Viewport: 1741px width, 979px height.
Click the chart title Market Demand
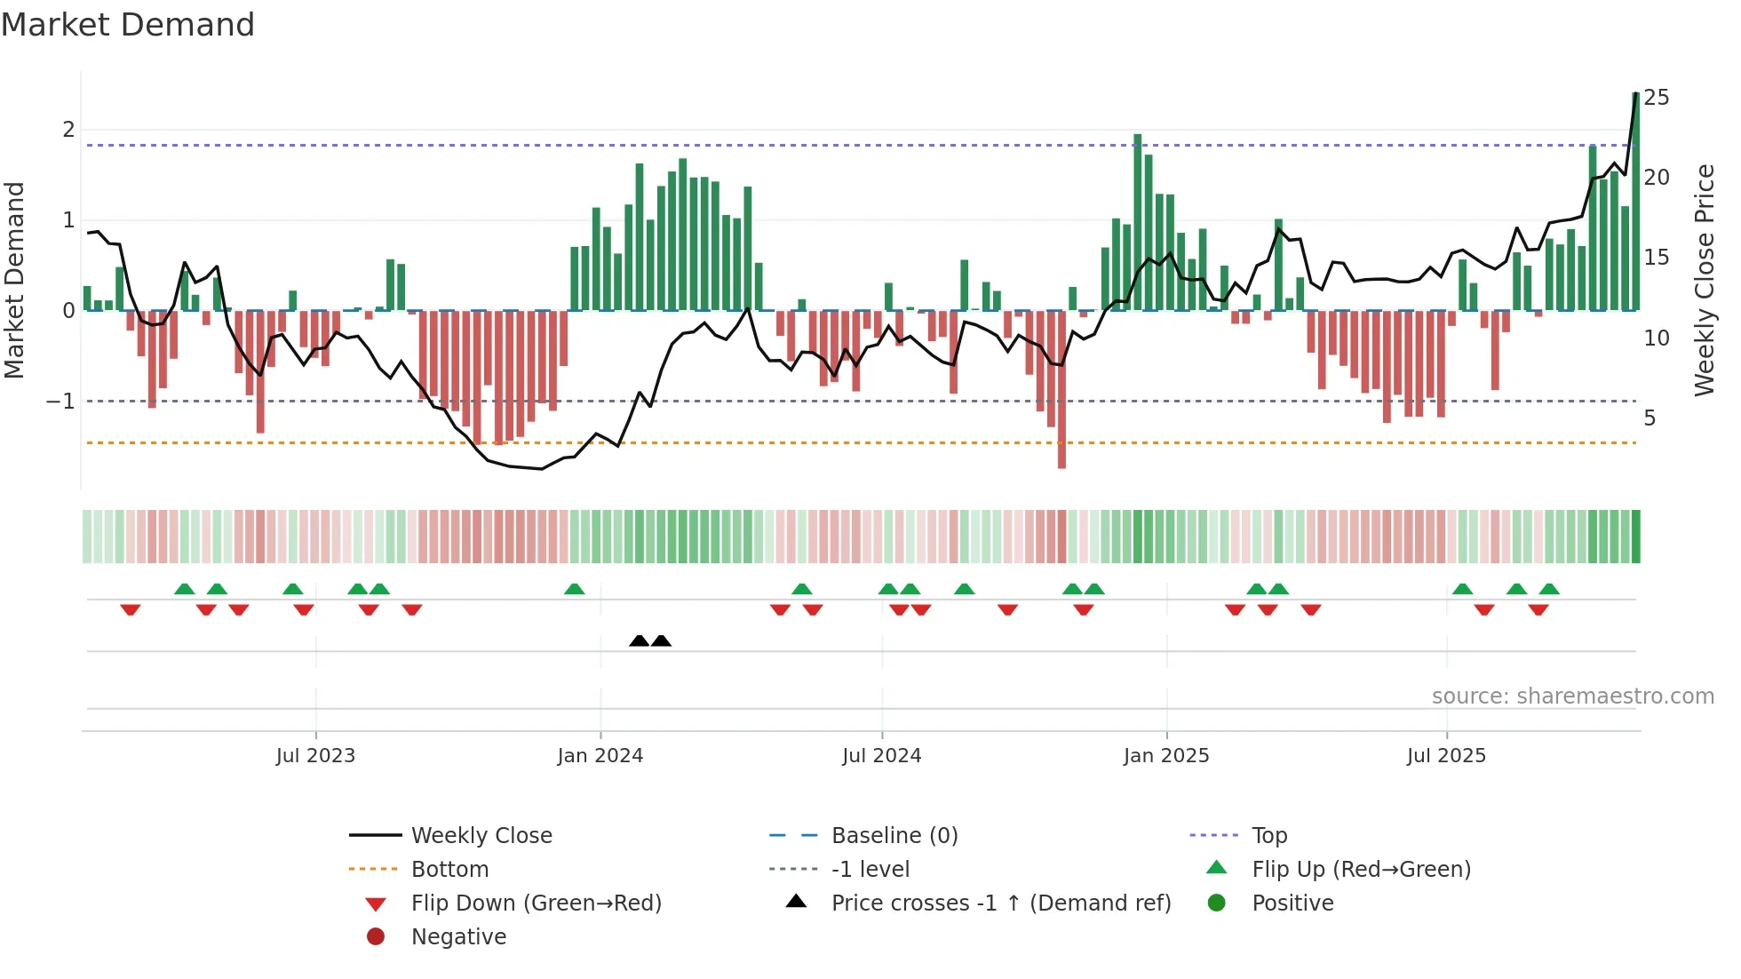point(128,24)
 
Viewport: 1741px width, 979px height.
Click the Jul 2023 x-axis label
point(315,756)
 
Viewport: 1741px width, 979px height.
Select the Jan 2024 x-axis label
point(600,756)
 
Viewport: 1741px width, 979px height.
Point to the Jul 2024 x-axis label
point(882,756)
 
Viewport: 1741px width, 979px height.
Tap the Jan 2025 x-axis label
point(1166,756)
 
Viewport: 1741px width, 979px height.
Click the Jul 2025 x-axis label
point(1446,756)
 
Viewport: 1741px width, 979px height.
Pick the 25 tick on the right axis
point(1657,98)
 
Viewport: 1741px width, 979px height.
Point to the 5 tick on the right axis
point(1650,418)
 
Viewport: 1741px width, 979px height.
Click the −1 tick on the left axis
point(60,402)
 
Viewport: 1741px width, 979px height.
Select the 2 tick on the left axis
point(68,130)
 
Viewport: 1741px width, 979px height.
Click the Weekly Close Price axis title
point(1705,280)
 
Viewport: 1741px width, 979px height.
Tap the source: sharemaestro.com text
point(1572,696)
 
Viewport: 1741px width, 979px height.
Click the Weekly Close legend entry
point(481,836)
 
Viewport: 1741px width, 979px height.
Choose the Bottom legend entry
point(449,870)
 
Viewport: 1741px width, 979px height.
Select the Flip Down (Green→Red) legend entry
point(536,903)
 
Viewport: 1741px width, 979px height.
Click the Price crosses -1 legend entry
point(1001,903)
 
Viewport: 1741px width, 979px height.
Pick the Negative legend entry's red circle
point(376,937)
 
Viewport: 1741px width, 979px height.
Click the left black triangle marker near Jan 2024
point(639,641)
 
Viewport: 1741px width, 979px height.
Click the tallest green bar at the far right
point(1635,204)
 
